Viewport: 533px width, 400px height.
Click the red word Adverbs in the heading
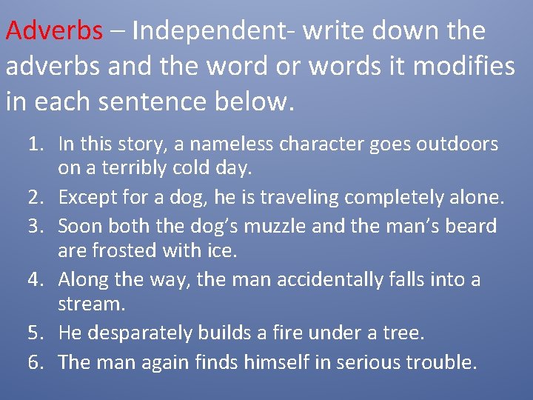click(54, 31)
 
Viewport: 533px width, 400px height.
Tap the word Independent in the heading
click(195, 31)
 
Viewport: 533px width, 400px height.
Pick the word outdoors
click(459, 144)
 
